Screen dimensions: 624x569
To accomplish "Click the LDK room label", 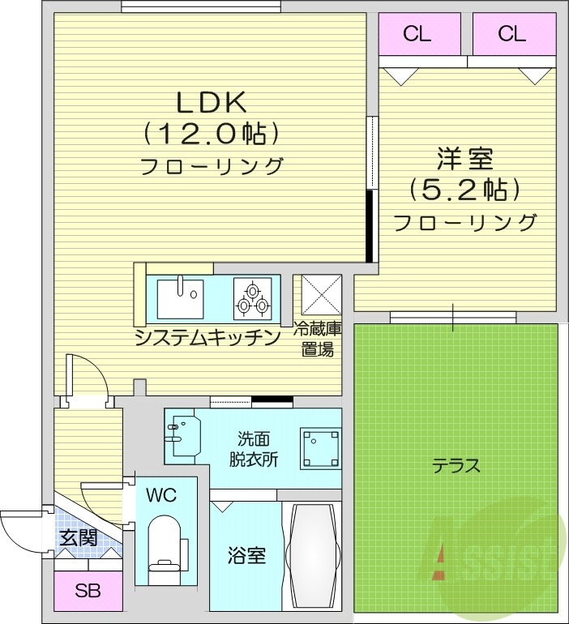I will tap(212, 101).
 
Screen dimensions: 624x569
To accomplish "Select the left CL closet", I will tap(417, 34).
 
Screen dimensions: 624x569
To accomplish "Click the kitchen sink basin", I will tap(180, 297).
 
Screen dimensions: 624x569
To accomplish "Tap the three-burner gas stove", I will tap(253, 298).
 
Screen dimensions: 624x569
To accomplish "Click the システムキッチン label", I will tap(208, 336).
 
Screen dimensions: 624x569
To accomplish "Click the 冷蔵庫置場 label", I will tap(317, 340).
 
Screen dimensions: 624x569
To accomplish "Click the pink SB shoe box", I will tap(88, 592).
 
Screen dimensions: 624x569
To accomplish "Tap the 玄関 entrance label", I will tap(79, 536).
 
